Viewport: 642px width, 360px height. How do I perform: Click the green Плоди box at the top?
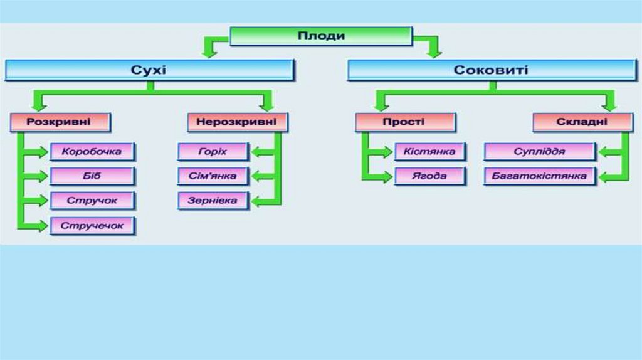[320, 36]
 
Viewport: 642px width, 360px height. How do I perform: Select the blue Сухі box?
[149, 70]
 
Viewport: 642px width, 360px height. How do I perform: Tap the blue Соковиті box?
[491, 70]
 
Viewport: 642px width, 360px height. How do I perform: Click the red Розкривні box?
[60, 122]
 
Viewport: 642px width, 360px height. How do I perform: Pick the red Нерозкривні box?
[236, 122]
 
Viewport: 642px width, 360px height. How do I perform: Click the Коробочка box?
[92, 152]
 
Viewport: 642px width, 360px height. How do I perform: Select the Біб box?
[92, 176]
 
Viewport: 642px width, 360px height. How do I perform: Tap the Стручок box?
[92, 201]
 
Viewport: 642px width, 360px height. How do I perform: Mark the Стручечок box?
[92, 225]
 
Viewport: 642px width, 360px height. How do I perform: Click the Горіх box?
[213, 152]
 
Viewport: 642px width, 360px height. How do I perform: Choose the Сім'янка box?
[213, 176]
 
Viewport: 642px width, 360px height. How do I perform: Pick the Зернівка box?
[213, 201]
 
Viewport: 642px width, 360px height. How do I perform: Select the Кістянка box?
[429, 152]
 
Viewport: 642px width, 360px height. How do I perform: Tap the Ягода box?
[429, 176]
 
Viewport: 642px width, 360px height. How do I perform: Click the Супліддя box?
[539, 152]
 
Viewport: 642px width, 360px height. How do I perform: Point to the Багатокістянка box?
[539, 176]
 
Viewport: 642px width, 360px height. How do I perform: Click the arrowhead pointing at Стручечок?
[43, 225]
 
